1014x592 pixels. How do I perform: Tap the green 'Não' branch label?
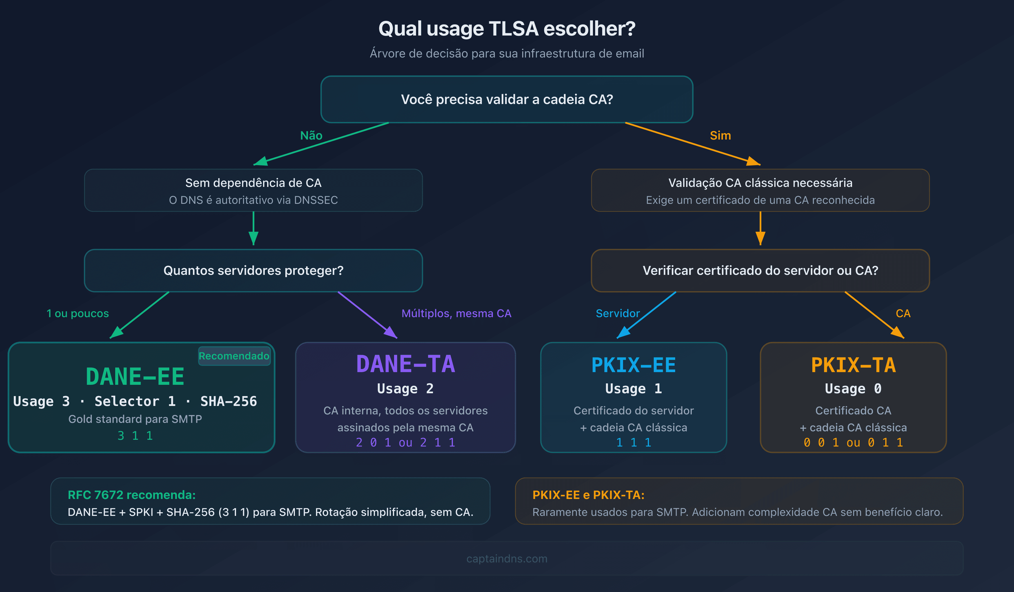pyautogui.click(x=311, y=135)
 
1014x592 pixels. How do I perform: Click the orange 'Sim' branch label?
pyautogui.click(x=720, y=135)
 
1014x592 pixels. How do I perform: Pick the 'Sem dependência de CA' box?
pyautogui.click(x=253, y=190)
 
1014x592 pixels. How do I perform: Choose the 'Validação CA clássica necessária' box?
pyautogui.click(x=760, y=190)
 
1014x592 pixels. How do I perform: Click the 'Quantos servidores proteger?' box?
pyautogui.click(x=253, y=270)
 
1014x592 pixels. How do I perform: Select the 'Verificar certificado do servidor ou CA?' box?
pyautogui.click(x=760, y=270)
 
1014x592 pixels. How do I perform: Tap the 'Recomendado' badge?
pyautogui.click(x=234, y=356)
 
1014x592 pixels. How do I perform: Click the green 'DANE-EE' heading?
pyautogui.click(x=135, y=377)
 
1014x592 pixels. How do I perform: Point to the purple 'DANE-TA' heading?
pyautogui.click(x=406, y=364)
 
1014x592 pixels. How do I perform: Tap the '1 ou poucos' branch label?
pyautogui.click(x=78, y=313)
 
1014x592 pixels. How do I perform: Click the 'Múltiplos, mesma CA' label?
pyautogui.click(x=456, y=313)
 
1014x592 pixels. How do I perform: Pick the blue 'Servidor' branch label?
pyautogui.click(x=618, y=313)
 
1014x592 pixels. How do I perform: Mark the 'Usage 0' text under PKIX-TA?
pyautogui.click(x=853, y=389)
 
